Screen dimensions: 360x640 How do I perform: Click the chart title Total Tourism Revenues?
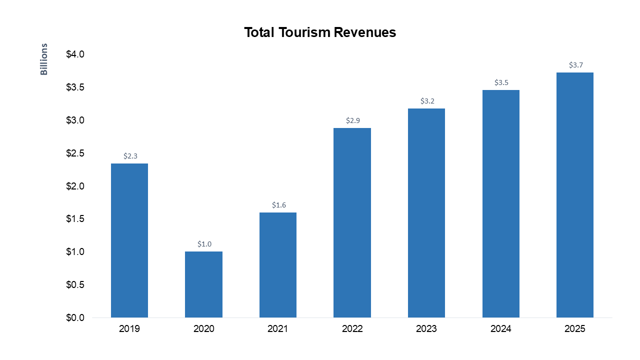point(320,32)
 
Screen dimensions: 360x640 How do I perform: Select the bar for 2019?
point(129,240)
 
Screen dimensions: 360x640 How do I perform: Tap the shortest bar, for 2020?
point(203,284)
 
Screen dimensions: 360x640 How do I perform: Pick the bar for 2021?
point(278,265)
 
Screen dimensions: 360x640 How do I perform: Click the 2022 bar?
point(352,222)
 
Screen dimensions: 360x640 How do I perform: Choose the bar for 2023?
point(426,213)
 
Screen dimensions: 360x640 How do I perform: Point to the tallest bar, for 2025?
point(575,195)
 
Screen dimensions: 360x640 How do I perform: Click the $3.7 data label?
point(576,65)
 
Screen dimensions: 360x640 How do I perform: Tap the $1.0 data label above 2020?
point(204,244)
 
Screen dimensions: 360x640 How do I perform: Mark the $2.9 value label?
point(353,120)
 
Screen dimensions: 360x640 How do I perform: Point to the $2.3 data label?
point(130,156)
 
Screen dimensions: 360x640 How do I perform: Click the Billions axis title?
point(44,59)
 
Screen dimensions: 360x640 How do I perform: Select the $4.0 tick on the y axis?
point(75,54)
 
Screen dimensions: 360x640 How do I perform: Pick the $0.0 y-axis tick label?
point(75,318)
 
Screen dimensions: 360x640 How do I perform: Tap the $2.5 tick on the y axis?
point(75,153)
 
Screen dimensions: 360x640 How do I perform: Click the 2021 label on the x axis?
point(278,329)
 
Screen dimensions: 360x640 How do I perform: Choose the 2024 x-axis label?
point(500,329)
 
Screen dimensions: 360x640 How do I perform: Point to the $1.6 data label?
point(279,205)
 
